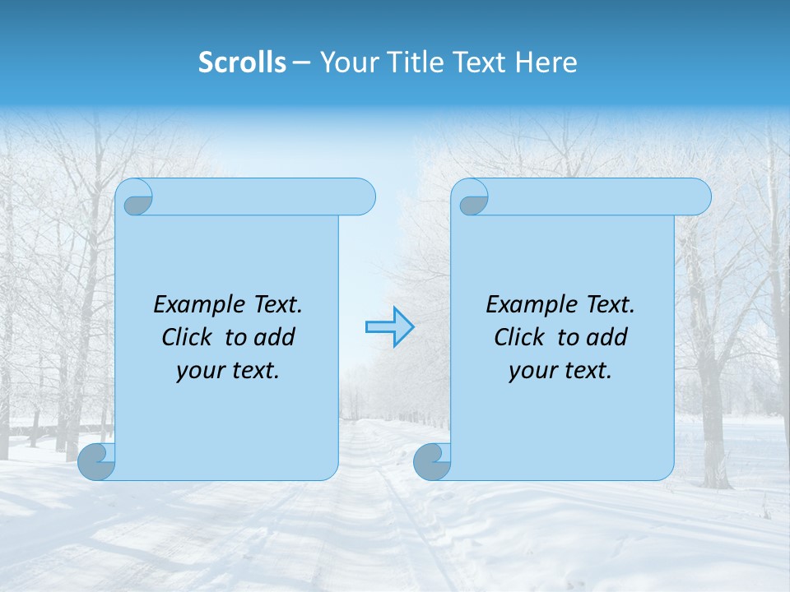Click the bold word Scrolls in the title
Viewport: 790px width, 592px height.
242,62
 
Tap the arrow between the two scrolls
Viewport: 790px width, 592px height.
389,327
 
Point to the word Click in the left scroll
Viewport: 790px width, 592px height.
188,337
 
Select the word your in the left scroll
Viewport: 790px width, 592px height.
200,371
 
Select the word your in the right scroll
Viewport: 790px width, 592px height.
532,371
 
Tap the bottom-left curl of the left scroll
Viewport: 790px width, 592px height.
96,461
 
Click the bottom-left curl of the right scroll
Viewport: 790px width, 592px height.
432,461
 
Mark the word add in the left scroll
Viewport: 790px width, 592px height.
275,337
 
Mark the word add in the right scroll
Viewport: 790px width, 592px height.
607,337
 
